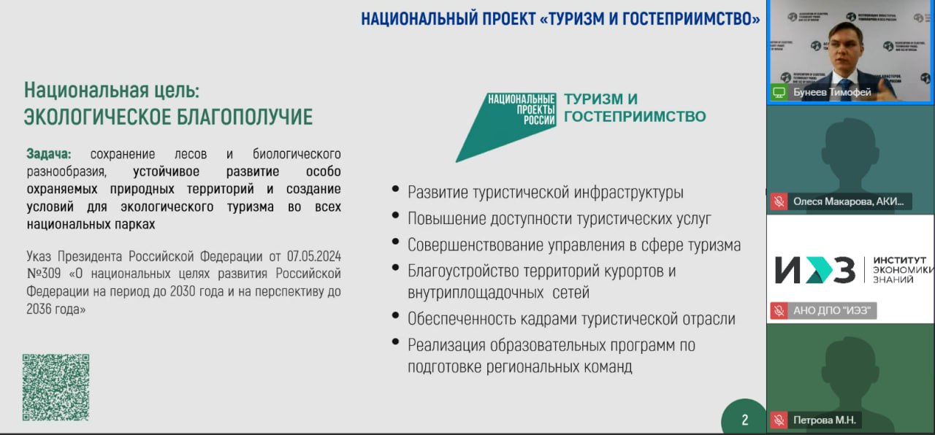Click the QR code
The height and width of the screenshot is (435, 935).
(56, 388)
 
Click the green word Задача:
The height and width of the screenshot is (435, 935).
(49, 154)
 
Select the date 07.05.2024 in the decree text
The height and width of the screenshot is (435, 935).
(314, 256)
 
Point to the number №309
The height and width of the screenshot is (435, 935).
(44, 274)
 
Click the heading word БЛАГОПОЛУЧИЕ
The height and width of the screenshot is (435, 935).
(245, 117)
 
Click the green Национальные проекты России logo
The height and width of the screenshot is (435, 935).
(506, 127)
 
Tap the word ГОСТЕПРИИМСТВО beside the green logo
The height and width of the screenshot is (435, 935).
(635, 116)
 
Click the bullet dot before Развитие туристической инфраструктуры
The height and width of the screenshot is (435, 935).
(395, 189)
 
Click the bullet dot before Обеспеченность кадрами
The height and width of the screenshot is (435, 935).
(395, 316)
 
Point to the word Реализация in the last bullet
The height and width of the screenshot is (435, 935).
(446, 345)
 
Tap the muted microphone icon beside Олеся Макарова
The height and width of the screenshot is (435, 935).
(779, 202)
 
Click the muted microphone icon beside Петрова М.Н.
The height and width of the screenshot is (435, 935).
(779, 420)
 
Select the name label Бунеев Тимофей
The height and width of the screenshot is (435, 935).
(832, 92)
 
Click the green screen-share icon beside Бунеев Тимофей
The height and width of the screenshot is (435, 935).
(779, 92)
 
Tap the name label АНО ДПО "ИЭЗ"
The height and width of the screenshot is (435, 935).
(832, 311)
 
